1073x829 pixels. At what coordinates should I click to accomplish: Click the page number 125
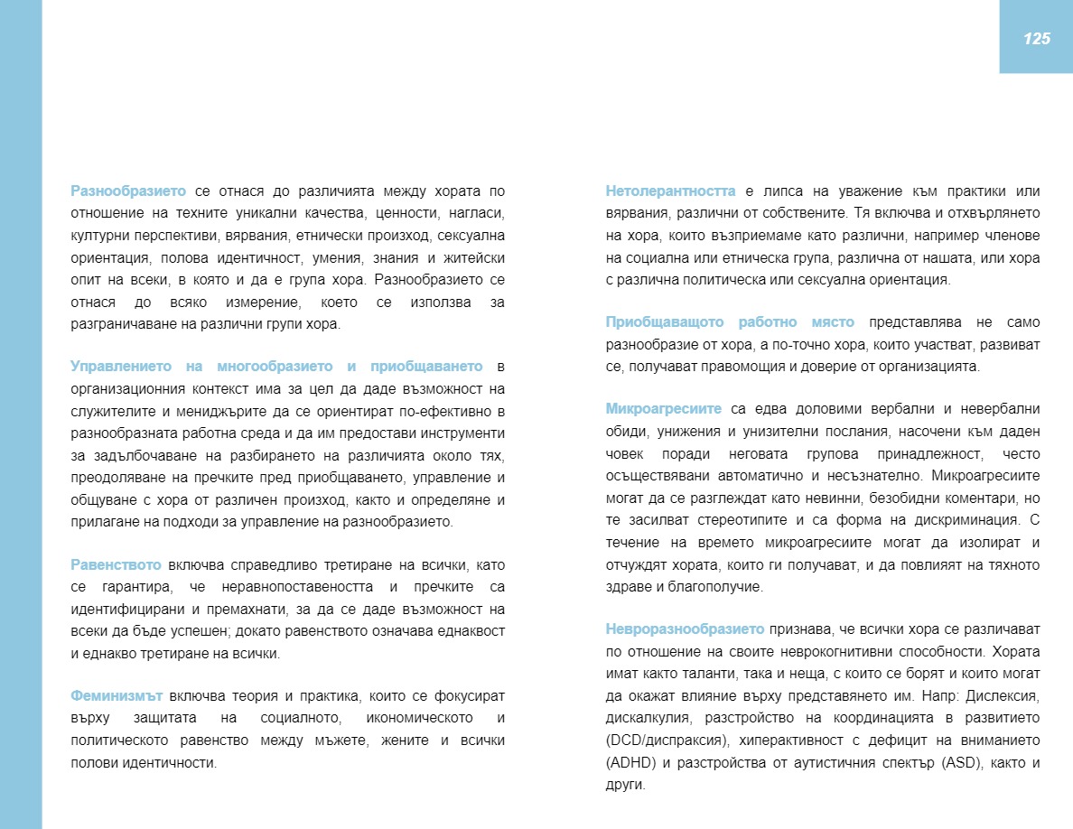click(1036, 38)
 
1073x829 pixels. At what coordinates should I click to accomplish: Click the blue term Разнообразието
click(128, 191)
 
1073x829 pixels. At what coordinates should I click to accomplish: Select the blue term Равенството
click(116, 565)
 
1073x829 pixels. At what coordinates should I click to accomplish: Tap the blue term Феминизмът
click(117, 696)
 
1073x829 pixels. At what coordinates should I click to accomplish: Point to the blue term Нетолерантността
click(670, 191)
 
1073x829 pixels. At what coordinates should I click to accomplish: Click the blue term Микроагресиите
click(664, 409)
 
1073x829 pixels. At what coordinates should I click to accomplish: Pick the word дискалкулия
click(645, 719)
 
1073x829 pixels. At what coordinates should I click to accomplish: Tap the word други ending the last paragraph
click(624, 785)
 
